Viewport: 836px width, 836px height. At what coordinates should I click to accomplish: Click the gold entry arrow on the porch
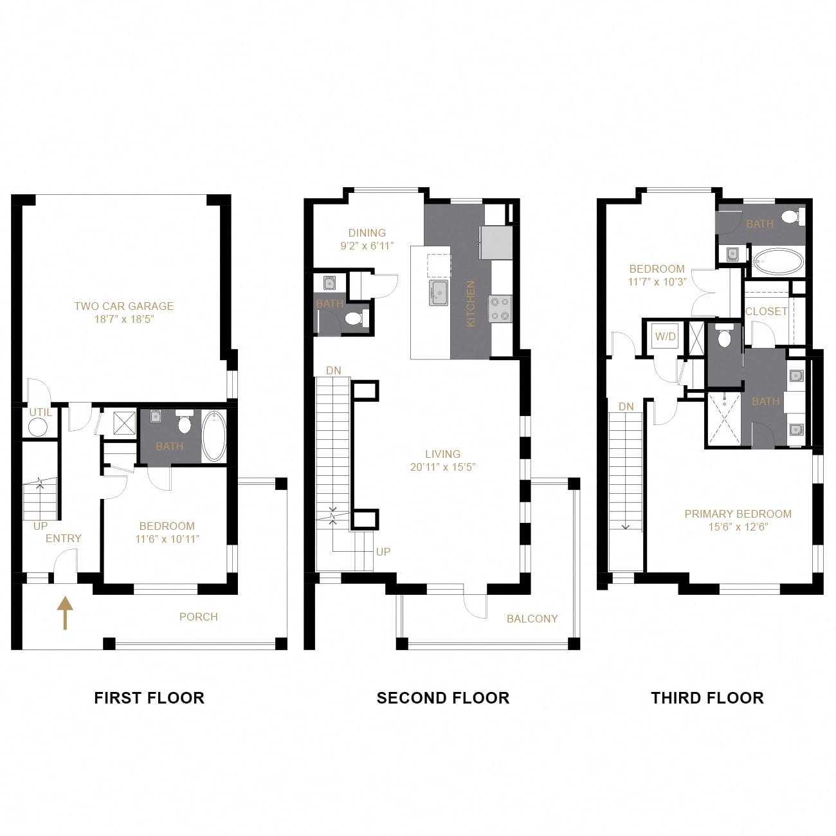tap(65, 613)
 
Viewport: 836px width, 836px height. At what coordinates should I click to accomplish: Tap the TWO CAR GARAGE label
tap(123, 312)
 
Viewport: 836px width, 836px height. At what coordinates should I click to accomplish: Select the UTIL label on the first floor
tap(41, 412)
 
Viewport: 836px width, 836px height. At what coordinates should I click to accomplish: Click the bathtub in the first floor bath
tap(214, 435)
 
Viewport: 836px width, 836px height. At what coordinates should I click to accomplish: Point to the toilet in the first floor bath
tap(185, 424)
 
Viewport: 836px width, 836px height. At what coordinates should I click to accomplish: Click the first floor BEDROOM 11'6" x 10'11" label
tap(167, 532)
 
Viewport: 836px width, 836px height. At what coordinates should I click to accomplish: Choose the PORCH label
tap(198, 617)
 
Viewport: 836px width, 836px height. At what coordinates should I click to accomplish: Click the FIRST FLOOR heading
tap(149, 698)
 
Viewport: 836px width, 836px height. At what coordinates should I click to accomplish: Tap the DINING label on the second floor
tap(367, 239)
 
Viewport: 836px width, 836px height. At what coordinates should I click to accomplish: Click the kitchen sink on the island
tap(439, 292)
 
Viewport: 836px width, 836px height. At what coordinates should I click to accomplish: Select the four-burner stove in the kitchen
tap(500, 308)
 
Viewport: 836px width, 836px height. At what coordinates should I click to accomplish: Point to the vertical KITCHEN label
tap(470, 303)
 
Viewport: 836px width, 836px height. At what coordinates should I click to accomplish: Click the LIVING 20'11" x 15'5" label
tap(442, 460)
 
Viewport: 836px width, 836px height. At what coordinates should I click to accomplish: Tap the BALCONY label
tap(532, 619)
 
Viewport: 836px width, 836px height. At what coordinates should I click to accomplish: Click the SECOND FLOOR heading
tap(442, 698)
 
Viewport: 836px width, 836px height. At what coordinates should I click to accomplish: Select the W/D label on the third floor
tap(665, 336)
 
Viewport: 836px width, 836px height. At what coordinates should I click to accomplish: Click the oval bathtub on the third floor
tap(778, 262)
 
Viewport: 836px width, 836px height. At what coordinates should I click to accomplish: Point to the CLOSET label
tap(766, 311)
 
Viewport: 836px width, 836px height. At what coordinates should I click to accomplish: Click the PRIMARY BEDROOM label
tap(738, 520)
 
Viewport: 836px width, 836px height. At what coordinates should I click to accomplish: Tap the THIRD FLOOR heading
tap(707, 698)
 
